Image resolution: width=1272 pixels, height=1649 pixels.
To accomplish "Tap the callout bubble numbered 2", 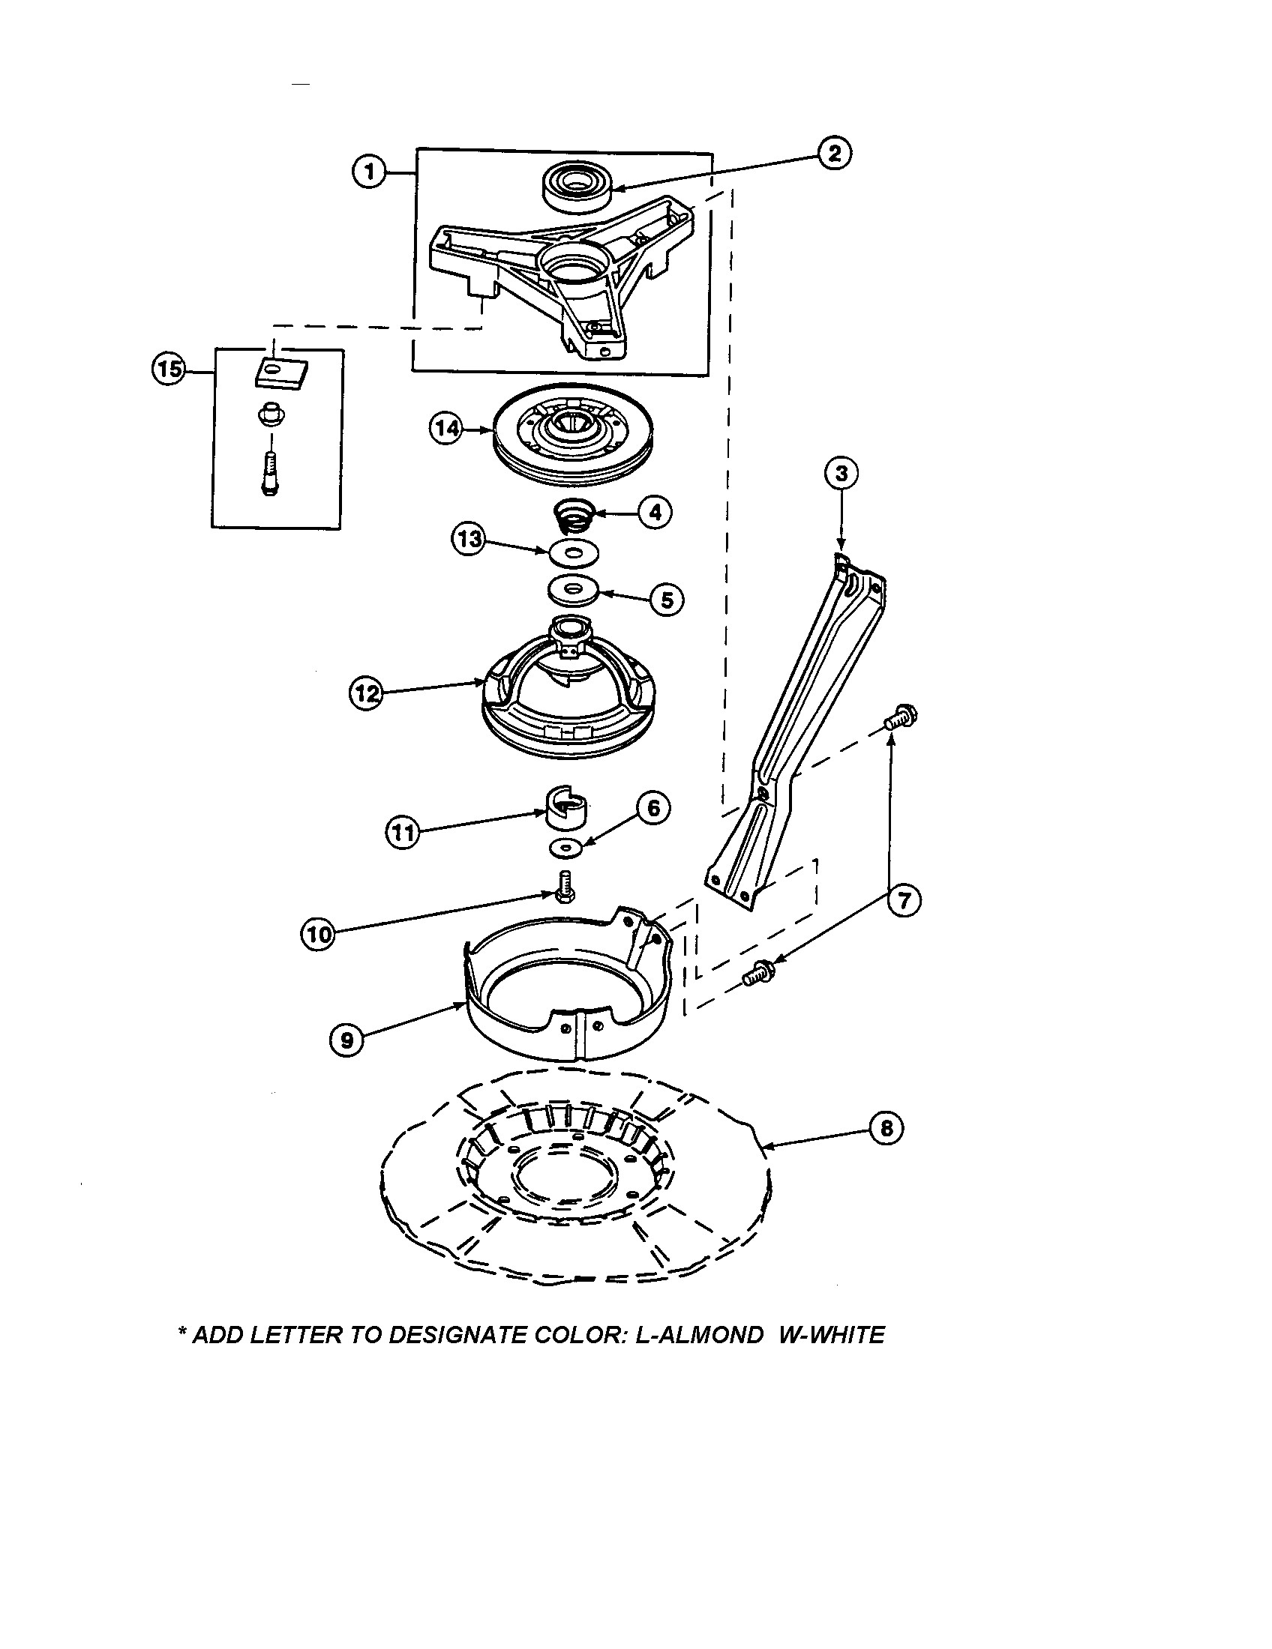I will coord(834,153).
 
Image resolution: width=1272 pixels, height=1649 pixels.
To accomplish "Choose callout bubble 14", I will coord(446,429).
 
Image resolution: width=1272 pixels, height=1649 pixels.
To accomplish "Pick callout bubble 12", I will coord(365,693).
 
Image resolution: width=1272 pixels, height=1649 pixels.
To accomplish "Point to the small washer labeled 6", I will coord(565,848).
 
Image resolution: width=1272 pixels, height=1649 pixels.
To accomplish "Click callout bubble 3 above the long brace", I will coord(841,474).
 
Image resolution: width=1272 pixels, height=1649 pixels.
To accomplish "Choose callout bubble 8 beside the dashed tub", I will coord(886,1128).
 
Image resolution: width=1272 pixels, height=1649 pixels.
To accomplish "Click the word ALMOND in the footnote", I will coord(707,1335).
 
